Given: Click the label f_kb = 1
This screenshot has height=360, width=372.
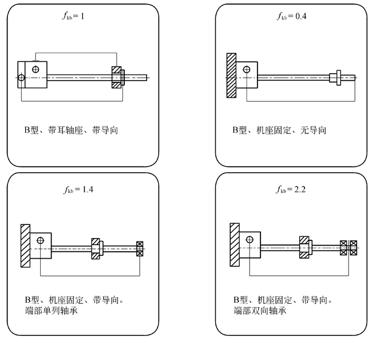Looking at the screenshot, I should click(75, 16).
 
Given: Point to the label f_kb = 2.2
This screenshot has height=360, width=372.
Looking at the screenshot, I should click(291, 189).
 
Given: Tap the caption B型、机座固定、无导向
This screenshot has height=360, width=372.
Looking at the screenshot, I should click(279, 130).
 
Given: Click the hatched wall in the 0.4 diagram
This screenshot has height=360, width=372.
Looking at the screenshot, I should click(231, 75).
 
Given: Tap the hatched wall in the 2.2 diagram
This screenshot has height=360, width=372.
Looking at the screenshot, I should click(234, 246).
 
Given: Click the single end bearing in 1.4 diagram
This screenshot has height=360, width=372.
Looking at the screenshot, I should click(140, 248).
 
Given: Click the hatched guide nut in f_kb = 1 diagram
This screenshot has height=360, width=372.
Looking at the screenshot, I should click(117, 77).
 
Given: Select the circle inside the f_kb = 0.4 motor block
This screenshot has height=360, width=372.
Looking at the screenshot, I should click(246, 70).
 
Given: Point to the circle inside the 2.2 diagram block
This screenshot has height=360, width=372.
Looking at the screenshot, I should click(250, 239).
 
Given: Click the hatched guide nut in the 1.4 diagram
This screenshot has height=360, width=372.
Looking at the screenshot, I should click(96, 248).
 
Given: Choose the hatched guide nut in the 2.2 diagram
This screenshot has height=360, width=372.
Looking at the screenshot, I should click(304, 248).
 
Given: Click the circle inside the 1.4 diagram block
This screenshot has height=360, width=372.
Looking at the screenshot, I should click(40, 240).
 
